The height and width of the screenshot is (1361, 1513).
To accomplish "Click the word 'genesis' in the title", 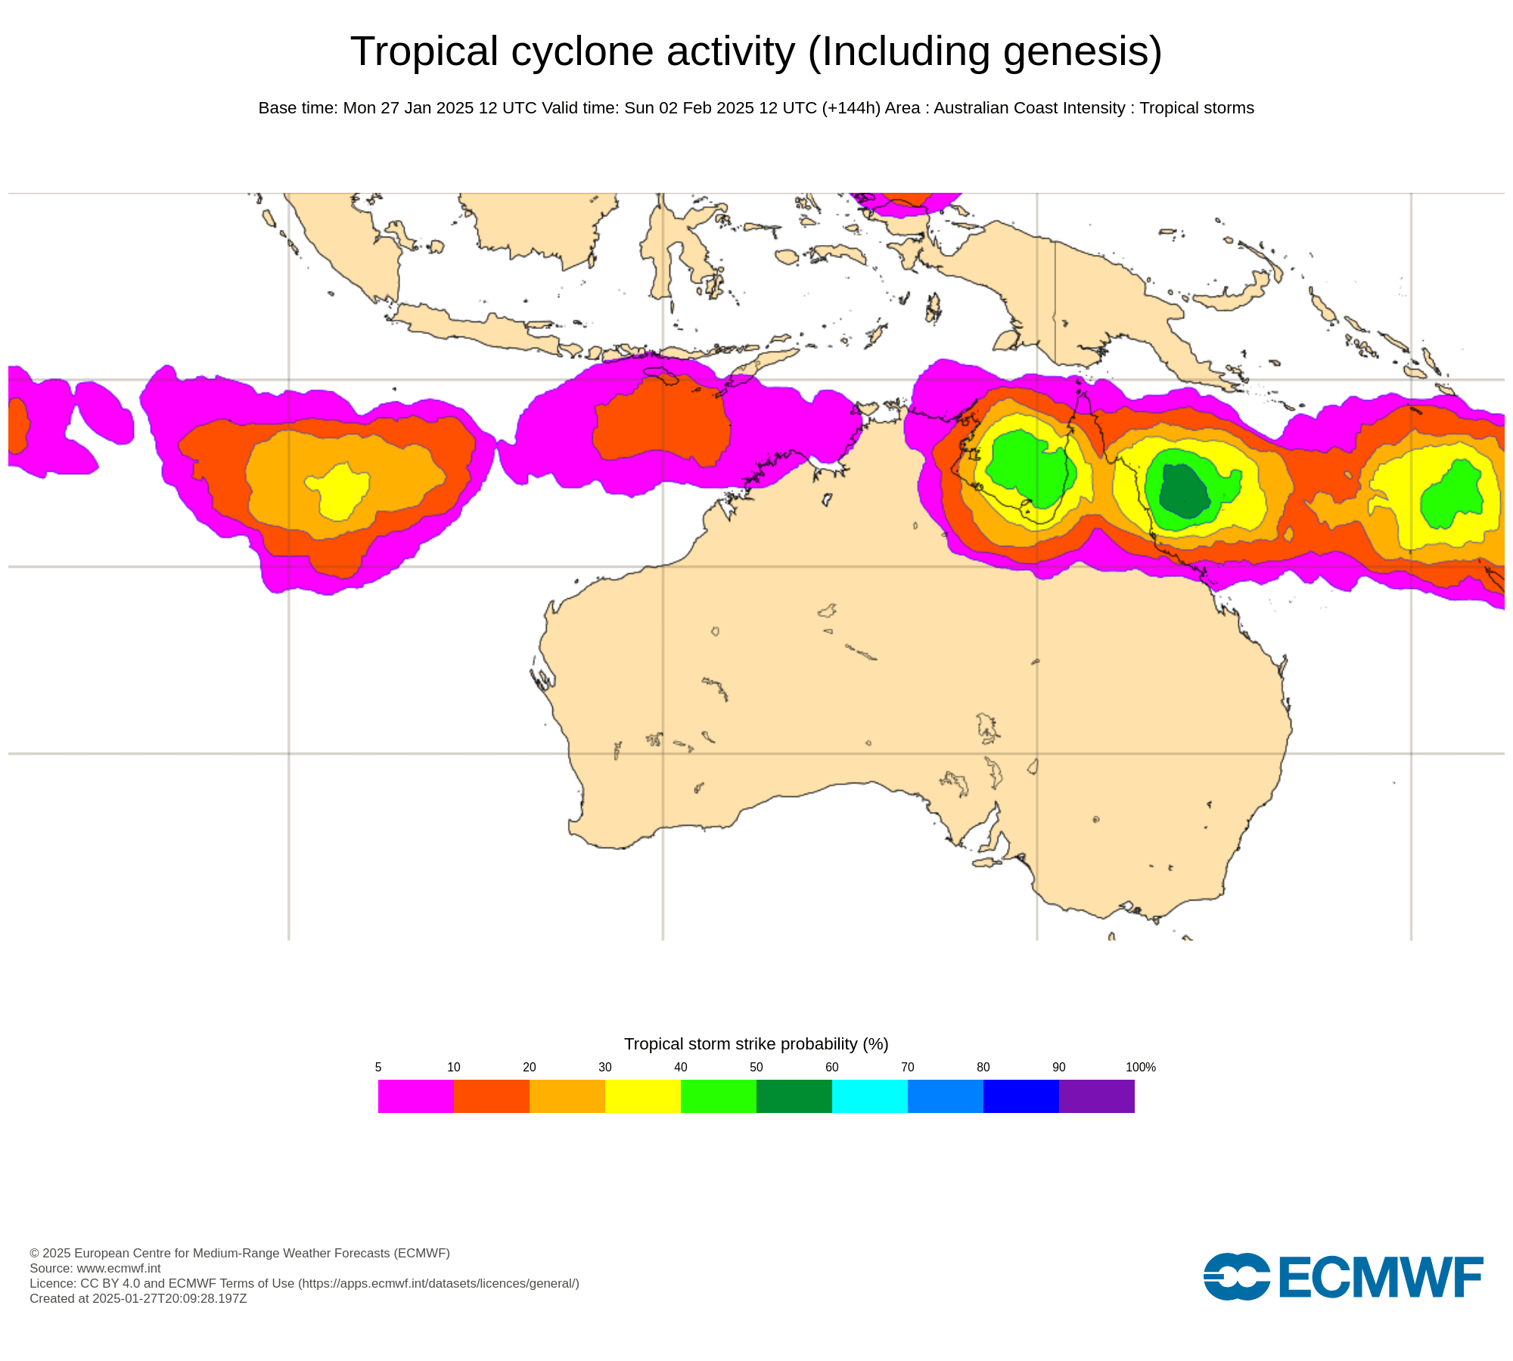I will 1075,51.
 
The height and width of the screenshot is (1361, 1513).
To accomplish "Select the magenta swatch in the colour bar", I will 415,1096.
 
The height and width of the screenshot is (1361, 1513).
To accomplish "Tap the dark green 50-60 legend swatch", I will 794,1096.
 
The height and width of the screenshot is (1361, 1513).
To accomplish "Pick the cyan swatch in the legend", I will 869,1096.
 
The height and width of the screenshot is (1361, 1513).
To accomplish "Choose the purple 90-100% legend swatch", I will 1096,1096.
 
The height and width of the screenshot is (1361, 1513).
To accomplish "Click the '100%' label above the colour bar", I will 1140,1067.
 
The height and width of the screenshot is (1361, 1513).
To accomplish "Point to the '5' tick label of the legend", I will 378,1067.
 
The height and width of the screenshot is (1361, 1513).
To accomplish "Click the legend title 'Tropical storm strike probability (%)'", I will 756,1043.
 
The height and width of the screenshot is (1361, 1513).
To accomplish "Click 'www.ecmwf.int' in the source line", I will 119,1268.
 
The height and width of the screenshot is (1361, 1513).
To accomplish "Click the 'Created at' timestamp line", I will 138,1298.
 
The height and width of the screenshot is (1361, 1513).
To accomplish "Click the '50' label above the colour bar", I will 756,1067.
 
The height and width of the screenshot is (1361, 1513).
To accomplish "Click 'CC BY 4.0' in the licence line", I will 110,1283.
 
